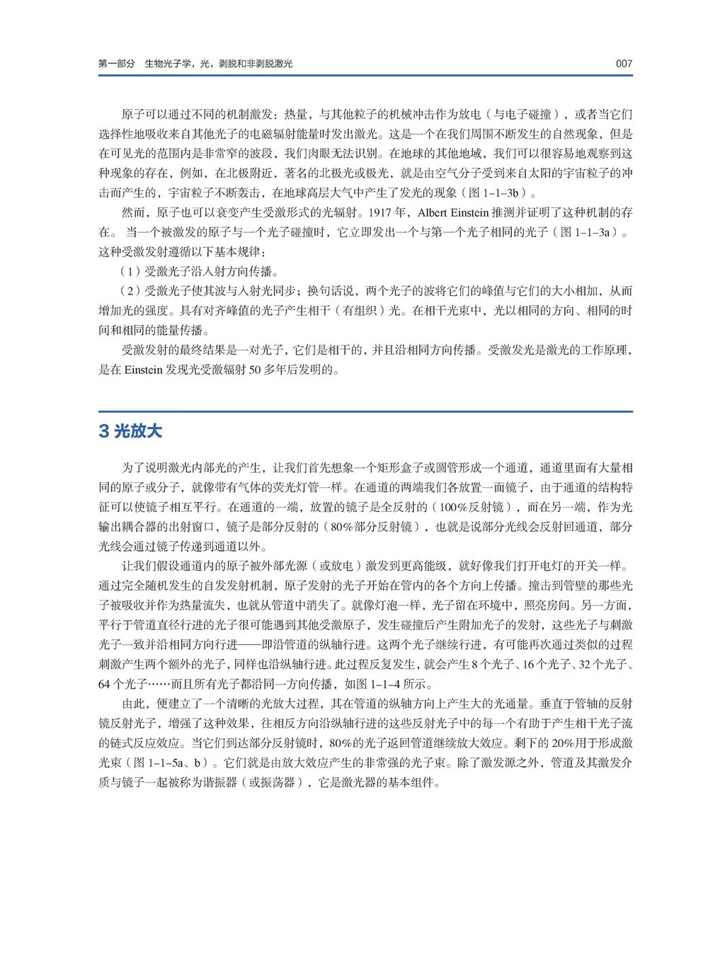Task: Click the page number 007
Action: coord(623,64)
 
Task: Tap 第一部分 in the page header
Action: coord(116,64)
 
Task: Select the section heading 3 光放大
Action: coord(130,431)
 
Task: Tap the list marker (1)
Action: coord(131,271)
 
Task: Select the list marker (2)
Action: coord(131,291)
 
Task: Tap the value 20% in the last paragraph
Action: coord(563,743)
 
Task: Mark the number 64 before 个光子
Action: coord(104,684)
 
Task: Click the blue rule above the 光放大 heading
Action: coord(365,411)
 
